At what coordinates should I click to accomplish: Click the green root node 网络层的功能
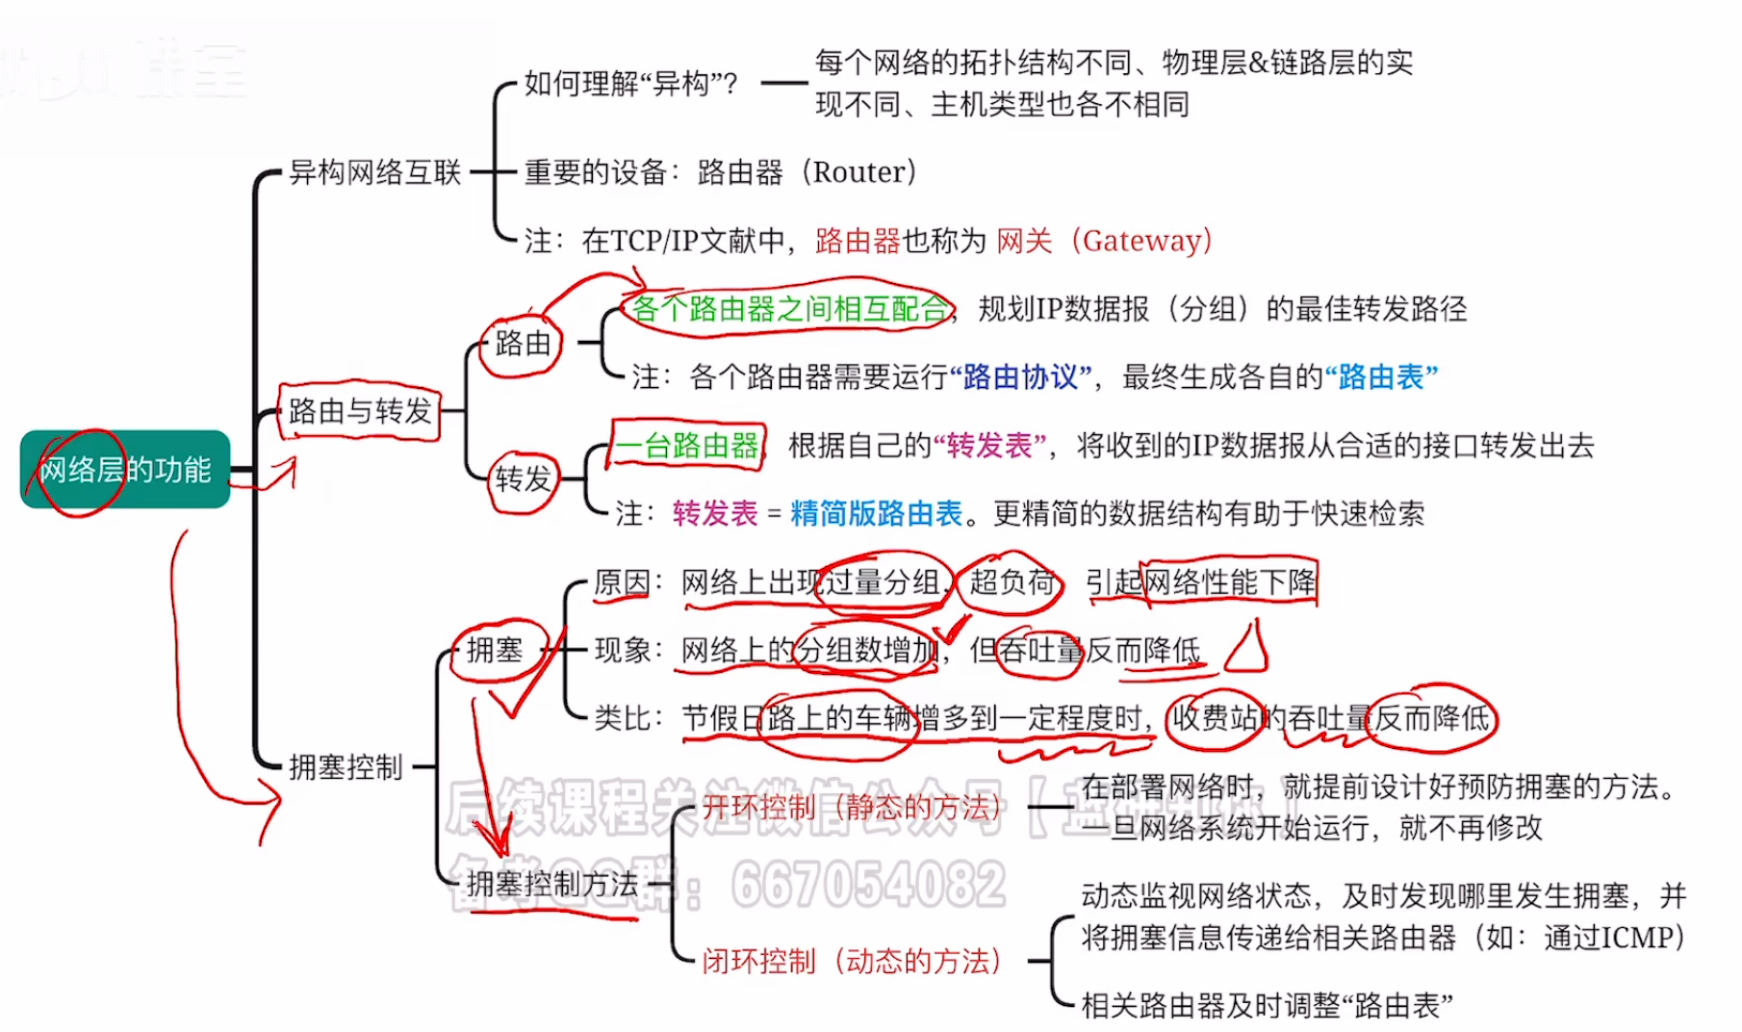125,470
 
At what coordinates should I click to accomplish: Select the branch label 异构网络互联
375,172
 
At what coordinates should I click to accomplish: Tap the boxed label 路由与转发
360,411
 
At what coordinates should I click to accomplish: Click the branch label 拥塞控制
346,767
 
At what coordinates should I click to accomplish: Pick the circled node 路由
523,343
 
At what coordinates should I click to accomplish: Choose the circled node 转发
523,478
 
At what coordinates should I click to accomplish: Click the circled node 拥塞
495,650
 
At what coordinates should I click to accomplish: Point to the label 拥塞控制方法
552,884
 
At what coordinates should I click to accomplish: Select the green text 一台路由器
687,446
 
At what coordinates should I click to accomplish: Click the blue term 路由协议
1020,376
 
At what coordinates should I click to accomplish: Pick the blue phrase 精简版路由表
876,513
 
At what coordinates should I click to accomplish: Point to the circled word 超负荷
1012,581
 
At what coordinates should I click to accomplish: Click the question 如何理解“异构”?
630,84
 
